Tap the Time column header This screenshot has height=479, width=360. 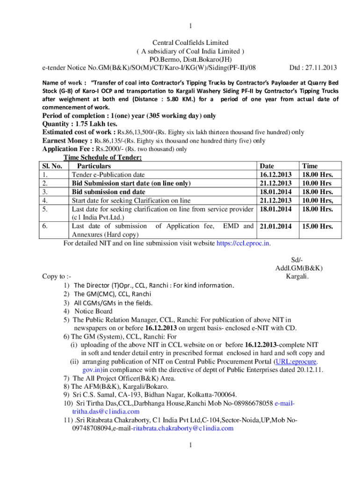[310, 166]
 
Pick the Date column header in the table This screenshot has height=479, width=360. [267, 166]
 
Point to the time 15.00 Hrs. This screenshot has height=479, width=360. [318, 226]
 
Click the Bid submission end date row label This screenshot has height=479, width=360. [108, 192]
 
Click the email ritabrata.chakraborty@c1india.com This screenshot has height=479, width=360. [183, 428]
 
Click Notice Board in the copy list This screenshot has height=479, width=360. [94, 311]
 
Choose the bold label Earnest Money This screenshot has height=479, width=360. [66, 140]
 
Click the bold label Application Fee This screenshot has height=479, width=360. [67, 149]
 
